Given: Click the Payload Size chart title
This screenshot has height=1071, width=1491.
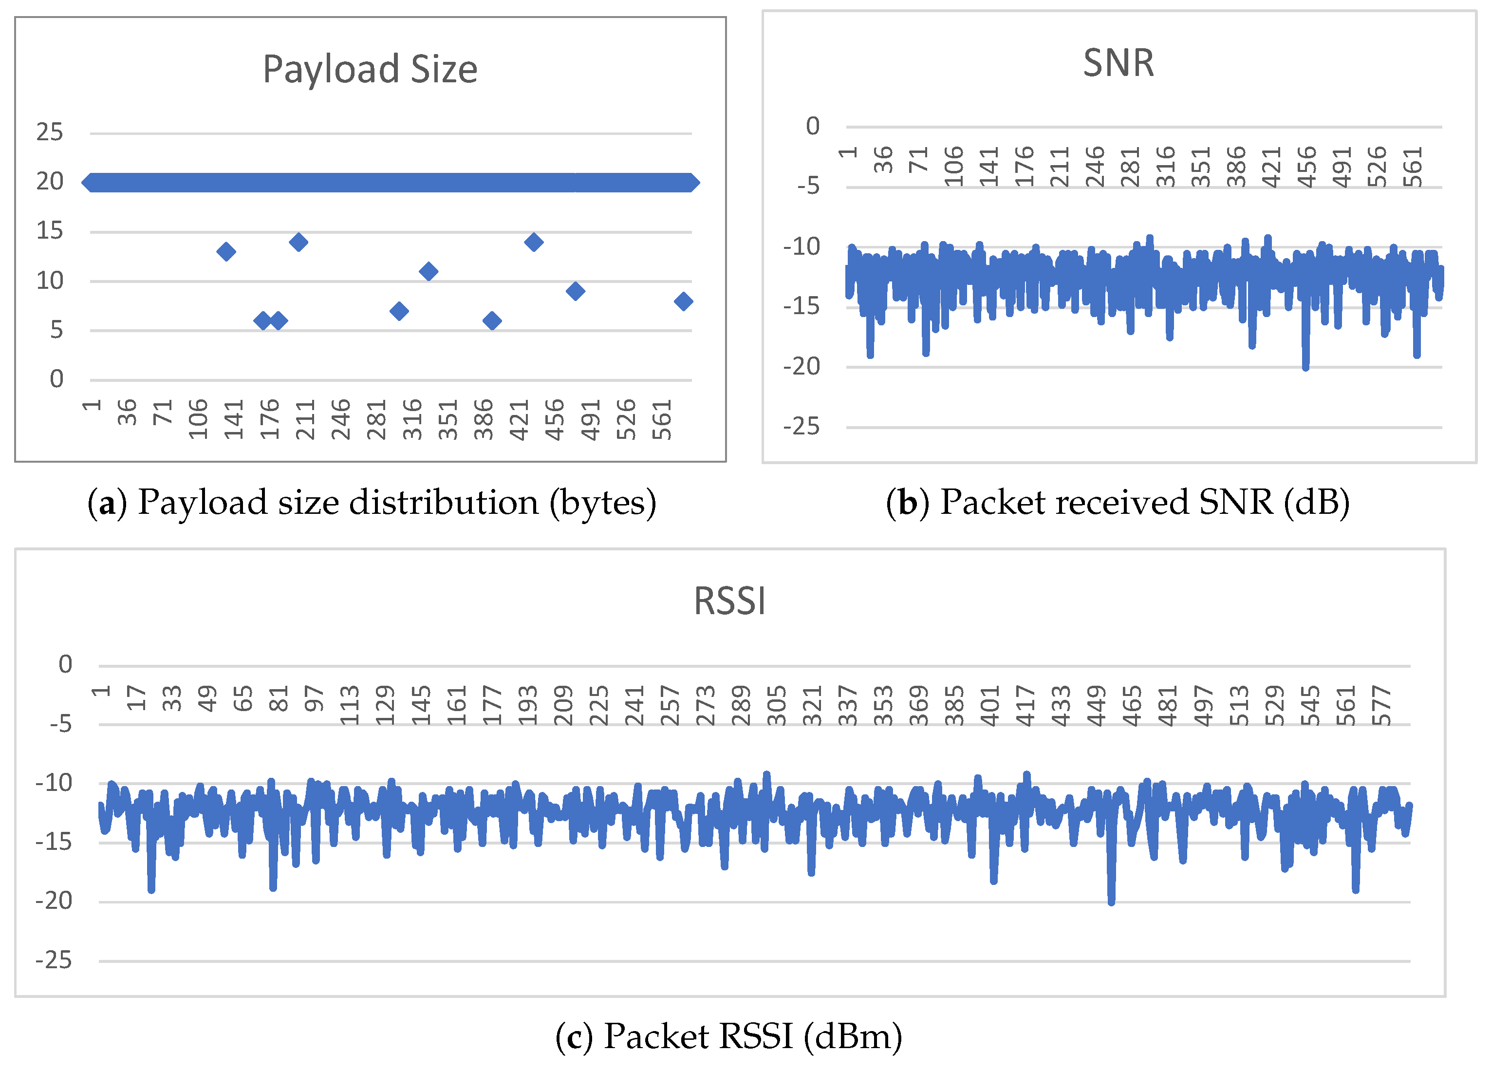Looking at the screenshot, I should pyautogui.click(x=370, y=69).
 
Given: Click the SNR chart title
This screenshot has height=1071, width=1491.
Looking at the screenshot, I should pyautogui.click(x=1118, y=63).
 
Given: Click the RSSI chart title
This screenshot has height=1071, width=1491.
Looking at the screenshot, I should pyautogui.click(x=730, y=601).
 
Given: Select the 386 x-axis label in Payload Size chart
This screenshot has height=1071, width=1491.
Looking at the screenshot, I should pyautogui.click(x=484, y=419).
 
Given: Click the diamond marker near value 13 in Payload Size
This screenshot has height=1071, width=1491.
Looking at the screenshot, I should pyautogui.click(x=226, y=251).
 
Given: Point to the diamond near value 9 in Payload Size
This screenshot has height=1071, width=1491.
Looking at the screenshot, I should pyautogui.click(x=575, y=291).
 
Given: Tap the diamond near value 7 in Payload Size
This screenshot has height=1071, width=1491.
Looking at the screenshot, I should pyautogui.click(x=399, y=311).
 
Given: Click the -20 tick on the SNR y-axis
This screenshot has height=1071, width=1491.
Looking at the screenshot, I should pyautogui.click(x=801, y=366).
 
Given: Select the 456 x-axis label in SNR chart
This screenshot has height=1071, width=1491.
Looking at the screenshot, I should pyautogui.click(x=1306, y=167).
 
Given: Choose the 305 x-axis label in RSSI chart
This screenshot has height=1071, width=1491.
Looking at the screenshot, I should pyautogui.click(x=777, y=705).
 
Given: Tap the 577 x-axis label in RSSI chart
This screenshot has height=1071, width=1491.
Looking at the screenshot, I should pyautogui.click(x=1382, y=705).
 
